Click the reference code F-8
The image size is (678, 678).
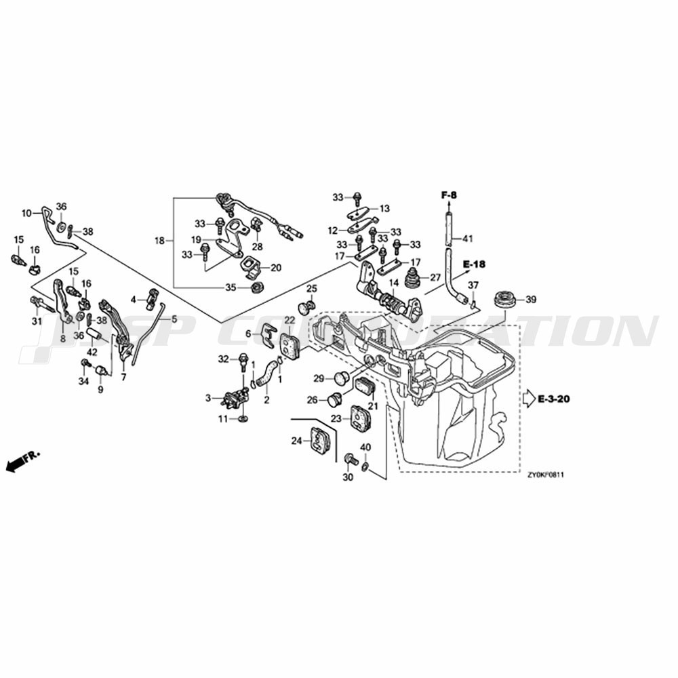pyautogui.click(x=449, y=195)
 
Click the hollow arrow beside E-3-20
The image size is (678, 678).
pyautogui.click(x=529, y=399)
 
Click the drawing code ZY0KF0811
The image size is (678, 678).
pyautogui.click(x=546, y=475)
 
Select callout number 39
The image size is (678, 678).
pyautogui.click(x=531, y=299)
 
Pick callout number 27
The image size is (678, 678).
pyautogui.click(x=435, y=277)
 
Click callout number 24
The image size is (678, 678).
pyautogui.click(x=296, y=441)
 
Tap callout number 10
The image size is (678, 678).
pyautogui.click(x=27, y=213)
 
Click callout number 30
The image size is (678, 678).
pyautogui.click(x=348, y=477)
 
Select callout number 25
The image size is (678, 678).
pyautogui.click(x=311, y=290)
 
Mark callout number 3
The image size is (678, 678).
pyautogui.click(x=208, y=398)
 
